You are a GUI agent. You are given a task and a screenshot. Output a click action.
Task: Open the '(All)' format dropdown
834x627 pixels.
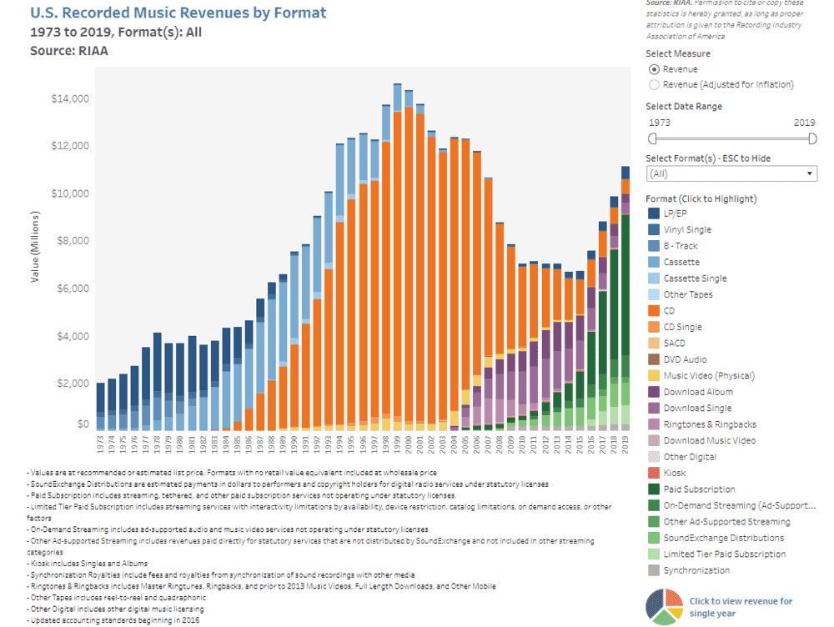(731, 173)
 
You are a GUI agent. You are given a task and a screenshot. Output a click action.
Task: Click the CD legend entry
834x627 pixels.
(669, 311)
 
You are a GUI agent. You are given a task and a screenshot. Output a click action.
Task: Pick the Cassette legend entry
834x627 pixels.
(681, 262)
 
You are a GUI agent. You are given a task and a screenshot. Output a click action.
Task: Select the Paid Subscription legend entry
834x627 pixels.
(698, 489)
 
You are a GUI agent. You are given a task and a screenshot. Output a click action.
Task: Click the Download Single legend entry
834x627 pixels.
(697, 409)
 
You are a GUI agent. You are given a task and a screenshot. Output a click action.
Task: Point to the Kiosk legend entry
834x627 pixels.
(674, 473)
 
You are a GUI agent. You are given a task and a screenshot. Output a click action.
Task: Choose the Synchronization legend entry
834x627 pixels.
(696, 570)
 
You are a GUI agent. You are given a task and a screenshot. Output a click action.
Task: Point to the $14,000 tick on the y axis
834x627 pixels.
(70, 98)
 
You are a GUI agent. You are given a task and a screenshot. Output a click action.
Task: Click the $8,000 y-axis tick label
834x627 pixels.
(73, 241)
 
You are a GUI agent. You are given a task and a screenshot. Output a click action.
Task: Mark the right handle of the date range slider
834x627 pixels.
(812, 138)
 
